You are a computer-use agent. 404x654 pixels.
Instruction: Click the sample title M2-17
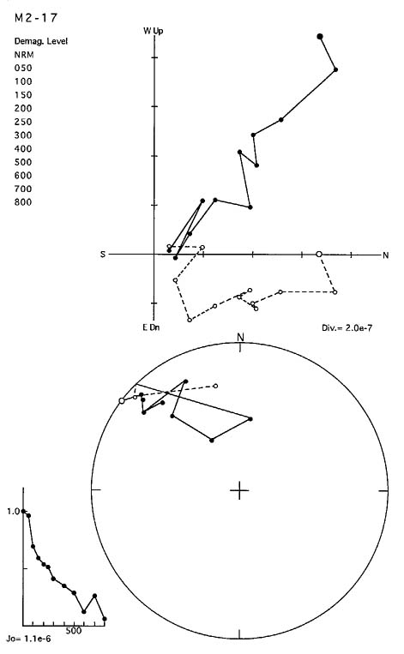click(x=35, y=17)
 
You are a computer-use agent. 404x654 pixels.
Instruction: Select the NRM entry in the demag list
click(x=24, y=55)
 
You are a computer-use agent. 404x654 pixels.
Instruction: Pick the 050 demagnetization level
click(x=23, y=68)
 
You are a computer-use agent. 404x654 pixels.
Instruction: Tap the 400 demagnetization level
click(x=23, y=148)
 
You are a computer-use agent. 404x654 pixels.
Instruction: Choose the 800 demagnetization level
click(x=23, y=202)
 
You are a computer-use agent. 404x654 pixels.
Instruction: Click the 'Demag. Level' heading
click(x=41, y=41)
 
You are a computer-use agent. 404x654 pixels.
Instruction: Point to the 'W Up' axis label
click(x=154, y=31)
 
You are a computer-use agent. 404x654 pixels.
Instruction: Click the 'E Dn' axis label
click(x=151, y=327)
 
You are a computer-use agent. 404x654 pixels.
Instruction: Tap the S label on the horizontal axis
click(x=103, y=254)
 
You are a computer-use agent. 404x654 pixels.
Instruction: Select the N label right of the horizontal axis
click(x=386, y=255)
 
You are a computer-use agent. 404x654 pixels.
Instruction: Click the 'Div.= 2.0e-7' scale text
click(x=347, y=327)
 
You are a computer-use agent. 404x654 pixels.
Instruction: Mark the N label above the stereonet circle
click(x=240, y=337)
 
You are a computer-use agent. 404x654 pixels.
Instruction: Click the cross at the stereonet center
click(x=239, y=490)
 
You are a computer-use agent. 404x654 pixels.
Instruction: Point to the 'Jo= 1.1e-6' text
click(x=29, y=639)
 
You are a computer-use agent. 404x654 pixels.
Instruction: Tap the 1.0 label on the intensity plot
click(x=13, y=511)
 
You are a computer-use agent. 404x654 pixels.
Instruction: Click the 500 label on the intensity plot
click(x=74, y=631)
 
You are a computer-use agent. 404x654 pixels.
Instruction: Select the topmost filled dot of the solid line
click(x=320, y=37)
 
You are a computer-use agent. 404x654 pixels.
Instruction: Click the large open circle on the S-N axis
click(x=319, y=254)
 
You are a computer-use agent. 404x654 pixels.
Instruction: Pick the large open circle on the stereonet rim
click(x=122, y=400)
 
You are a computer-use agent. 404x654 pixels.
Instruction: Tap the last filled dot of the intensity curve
click(x=105, y=619)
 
